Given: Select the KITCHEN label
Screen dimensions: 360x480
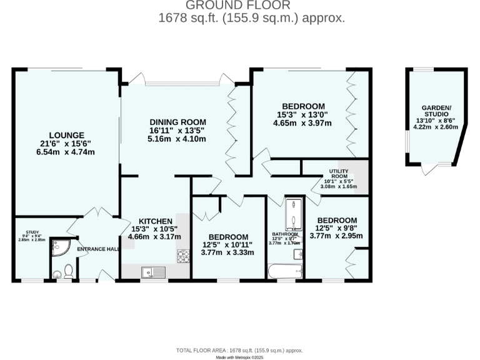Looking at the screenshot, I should point(156,221).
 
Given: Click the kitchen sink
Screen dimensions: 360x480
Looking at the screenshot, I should point(152,272).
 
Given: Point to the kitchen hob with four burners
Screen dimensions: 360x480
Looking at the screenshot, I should point(184,256).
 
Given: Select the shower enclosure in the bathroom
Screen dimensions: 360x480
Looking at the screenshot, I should point(294,215).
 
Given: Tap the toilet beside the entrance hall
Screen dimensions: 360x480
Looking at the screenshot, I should point(68,270).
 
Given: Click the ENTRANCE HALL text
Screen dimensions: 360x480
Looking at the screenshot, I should point(98,249).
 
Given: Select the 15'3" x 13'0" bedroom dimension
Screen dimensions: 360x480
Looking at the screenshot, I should point(302,114).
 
